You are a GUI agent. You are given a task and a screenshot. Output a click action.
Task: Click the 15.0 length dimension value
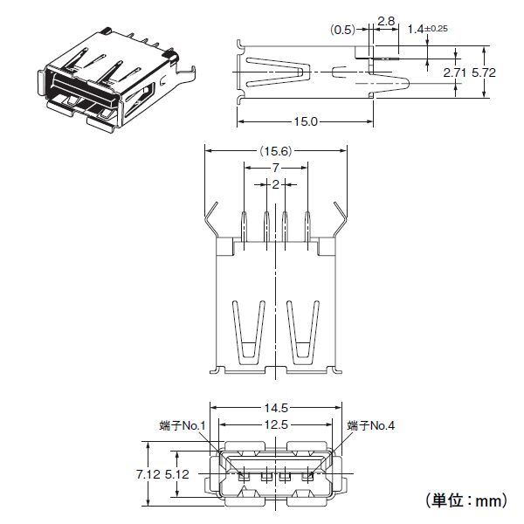[306, 121]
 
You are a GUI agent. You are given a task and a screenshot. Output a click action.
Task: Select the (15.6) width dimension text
[276, 151]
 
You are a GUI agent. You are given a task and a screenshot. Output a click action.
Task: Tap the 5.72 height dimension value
[484, 72]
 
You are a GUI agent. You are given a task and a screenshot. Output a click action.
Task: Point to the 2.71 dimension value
[454, 72]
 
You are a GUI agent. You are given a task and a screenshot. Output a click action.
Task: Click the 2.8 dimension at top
[386, 21]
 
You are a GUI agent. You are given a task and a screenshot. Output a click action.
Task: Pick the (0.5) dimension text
[342, 30]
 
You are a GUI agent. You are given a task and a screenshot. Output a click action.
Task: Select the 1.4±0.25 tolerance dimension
[427, 29]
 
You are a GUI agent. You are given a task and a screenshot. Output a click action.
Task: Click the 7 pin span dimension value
[275, 168]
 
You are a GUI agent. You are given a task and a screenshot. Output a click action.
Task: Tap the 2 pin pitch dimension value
[275, 184]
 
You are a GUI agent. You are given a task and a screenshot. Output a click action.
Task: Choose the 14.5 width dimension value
[276, 408]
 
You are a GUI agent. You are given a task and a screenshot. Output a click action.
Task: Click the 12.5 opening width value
[276, 424]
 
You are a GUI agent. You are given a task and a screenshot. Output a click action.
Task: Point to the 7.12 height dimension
[148, 474]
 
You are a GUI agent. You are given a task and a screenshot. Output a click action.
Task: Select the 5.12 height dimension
[177, 474]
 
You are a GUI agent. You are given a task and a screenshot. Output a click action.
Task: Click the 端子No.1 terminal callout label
[183, 426]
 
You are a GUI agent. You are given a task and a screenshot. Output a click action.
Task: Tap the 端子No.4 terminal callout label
[371, 426]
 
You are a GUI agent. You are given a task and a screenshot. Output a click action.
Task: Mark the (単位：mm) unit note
[466, 500]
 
